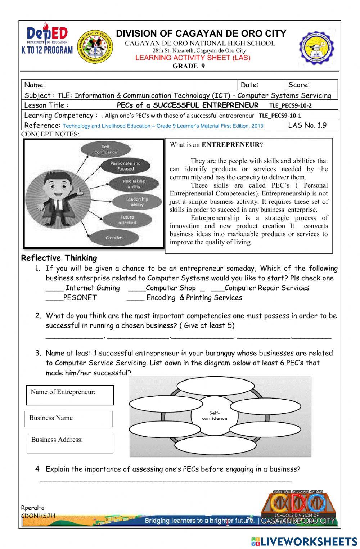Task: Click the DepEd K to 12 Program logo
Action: coord(47,39)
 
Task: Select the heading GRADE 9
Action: coord(188,66)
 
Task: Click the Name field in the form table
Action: coord(130,85)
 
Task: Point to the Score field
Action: coord(311,85)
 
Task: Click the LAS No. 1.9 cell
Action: coord(311,125)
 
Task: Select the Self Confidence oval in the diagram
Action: coord(105,149)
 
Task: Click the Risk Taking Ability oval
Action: coord(133,184)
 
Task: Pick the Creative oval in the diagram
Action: coord(114,238)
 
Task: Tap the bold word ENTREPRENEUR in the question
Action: coord(230,145)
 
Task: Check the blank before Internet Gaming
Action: coord(54,288)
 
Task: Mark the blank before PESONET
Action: coord(54,298)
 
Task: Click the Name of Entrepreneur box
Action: coord(70,395)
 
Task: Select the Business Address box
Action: coord(70,443)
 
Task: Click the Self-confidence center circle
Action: coord(215,416)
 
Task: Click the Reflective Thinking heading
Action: coord(59,258)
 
